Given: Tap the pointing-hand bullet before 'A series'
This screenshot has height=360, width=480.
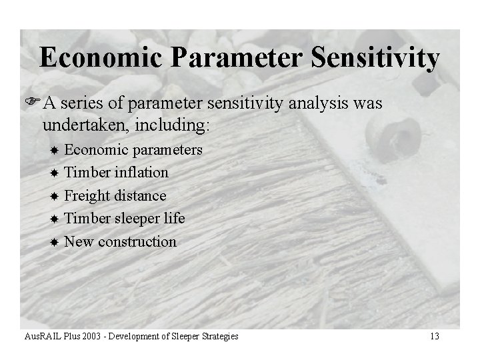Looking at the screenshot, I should click(46, 105).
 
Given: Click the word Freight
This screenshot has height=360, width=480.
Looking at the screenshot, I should click(87, 196).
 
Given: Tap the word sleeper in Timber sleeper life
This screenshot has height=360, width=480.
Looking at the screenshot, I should click(137, 219).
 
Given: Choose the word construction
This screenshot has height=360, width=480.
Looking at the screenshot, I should click(137, 241).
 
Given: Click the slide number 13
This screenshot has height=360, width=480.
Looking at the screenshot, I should click(434, 337).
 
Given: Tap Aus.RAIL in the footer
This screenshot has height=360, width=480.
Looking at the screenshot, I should click(37, 337).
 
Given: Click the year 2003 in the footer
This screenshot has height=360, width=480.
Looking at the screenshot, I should click(83, 337).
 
